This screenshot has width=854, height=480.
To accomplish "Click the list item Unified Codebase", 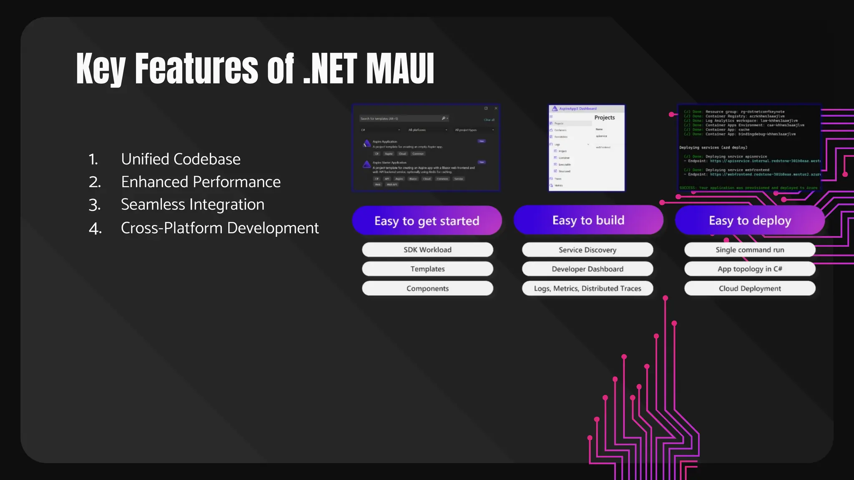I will tap(181, 159).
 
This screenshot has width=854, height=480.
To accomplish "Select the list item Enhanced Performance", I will tap(201, 182).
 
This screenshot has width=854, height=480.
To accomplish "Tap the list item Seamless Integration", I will tap(192, 205).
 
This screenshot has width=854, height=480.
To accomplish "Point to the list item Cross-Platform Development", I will tap(220, 228).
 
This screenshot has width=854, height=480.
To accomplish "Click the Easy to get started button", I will tap(427, 220).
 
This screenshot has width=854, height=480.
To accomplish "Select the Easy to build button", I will tap(588, 220).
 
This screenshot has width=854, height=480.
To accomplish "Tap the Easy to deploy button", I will tap(750, 220).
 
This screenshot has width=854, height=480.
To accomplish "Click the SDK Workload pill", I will tap(427, 250).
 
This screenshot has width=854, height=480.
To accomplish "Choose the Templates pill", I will tap(427, 269).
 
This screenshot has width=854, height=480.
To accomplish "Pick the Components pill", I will tap(427, 288).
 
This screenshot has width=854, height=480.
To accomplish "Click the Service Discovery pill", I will tap(587, 250).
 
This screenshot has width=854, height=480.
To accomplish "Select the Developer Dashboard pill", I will tap(587, 269).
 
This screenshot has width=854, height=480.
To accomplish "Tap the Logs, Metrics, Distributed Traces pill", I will tap(587, 288).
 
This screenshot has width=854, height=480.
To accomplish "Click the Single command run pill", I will tap(749, 250).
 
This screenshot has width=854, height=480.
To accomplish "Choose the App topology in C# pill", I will tap(749, 269).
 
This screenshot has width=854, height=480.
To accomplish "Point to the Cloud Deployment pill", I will tap(749, 288).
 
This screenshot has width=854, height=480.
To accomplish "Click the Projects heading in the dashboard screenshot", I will tap(604, 117).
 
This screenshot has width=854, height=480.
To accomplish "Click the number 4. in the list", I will tap(95, 228).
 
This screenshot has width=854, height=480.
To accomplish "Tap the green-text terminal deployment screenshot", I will tap(749, 148).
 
